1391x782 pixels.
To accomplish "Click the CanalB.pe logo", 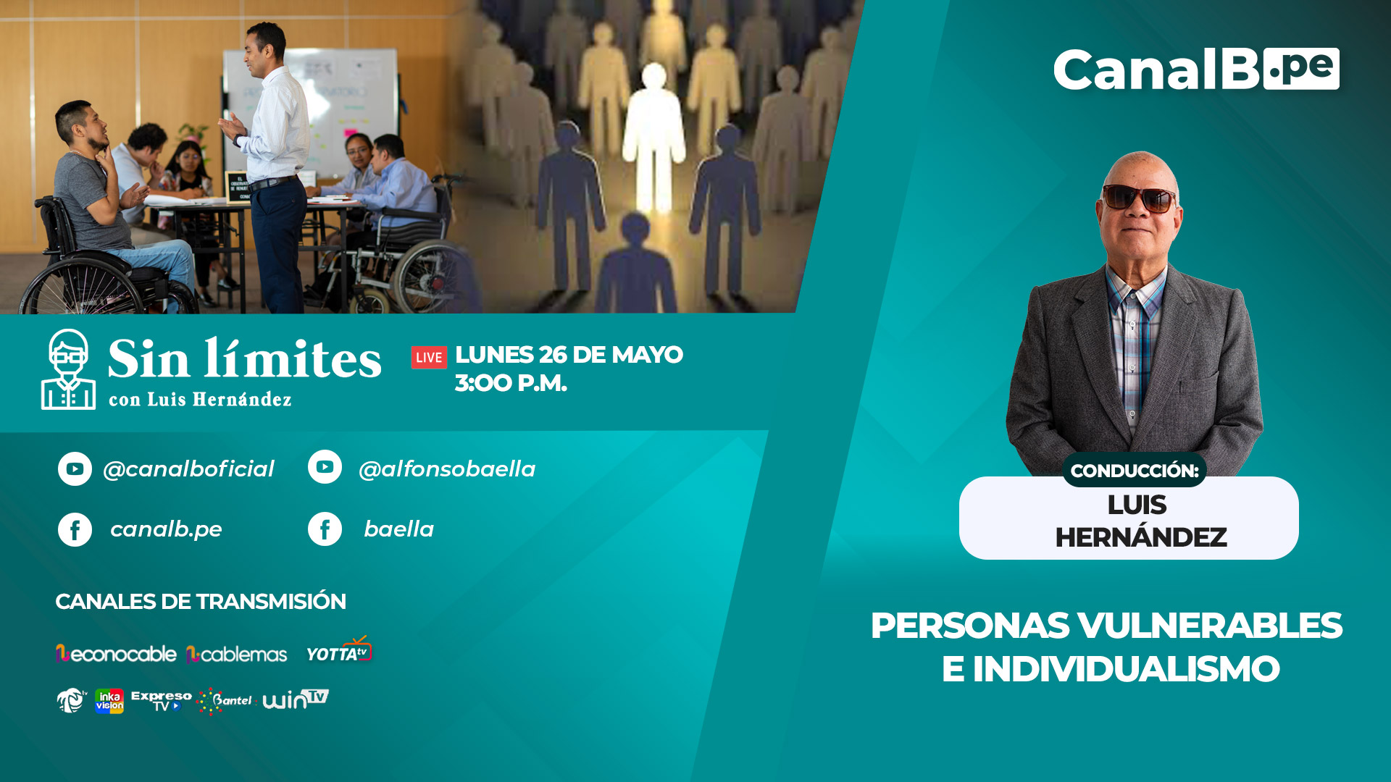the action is pos(1196,70).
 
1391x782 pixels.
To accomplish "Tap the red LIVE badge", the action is pos(429,357).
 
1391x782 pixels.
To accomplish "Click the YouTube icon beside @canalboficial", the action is pos(75,469).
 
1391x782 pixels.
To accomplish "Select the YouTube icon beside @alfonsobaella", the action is pos(325,467).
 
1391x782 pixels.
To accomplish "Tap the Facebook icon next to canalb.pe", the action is pos(75,529).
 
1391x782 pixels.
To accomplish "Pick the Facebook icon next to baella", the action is pos(325,529).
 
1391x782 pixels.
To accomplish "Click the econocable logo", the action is pos(116,654).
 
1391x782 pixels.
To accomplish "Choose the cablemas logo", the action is pos(237,655).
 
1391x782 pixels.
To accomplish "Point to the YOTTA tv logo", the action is pos(339,649).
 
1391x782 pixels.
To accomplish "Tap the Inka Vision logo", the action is pos(109,701).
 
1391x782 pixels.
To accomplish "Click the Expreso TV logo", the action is pos(161,701).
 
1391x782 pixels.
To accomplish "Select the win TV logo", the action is pos(296,699).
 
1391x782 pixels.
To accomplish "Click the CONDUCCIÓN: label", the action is pos(1135,471).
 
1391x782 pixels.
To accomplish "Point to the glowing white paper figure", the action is pos(654,138).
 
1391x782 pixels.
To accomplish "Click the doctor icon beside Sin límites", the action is pos(68,369).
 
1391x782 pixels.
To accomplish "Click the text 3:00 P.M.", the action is pos(511,383).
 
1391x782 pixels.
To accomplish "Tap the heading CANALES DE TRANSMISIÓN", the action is pos(201,602).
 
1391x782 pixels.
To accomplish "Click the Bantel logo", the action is pos(225,701).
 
